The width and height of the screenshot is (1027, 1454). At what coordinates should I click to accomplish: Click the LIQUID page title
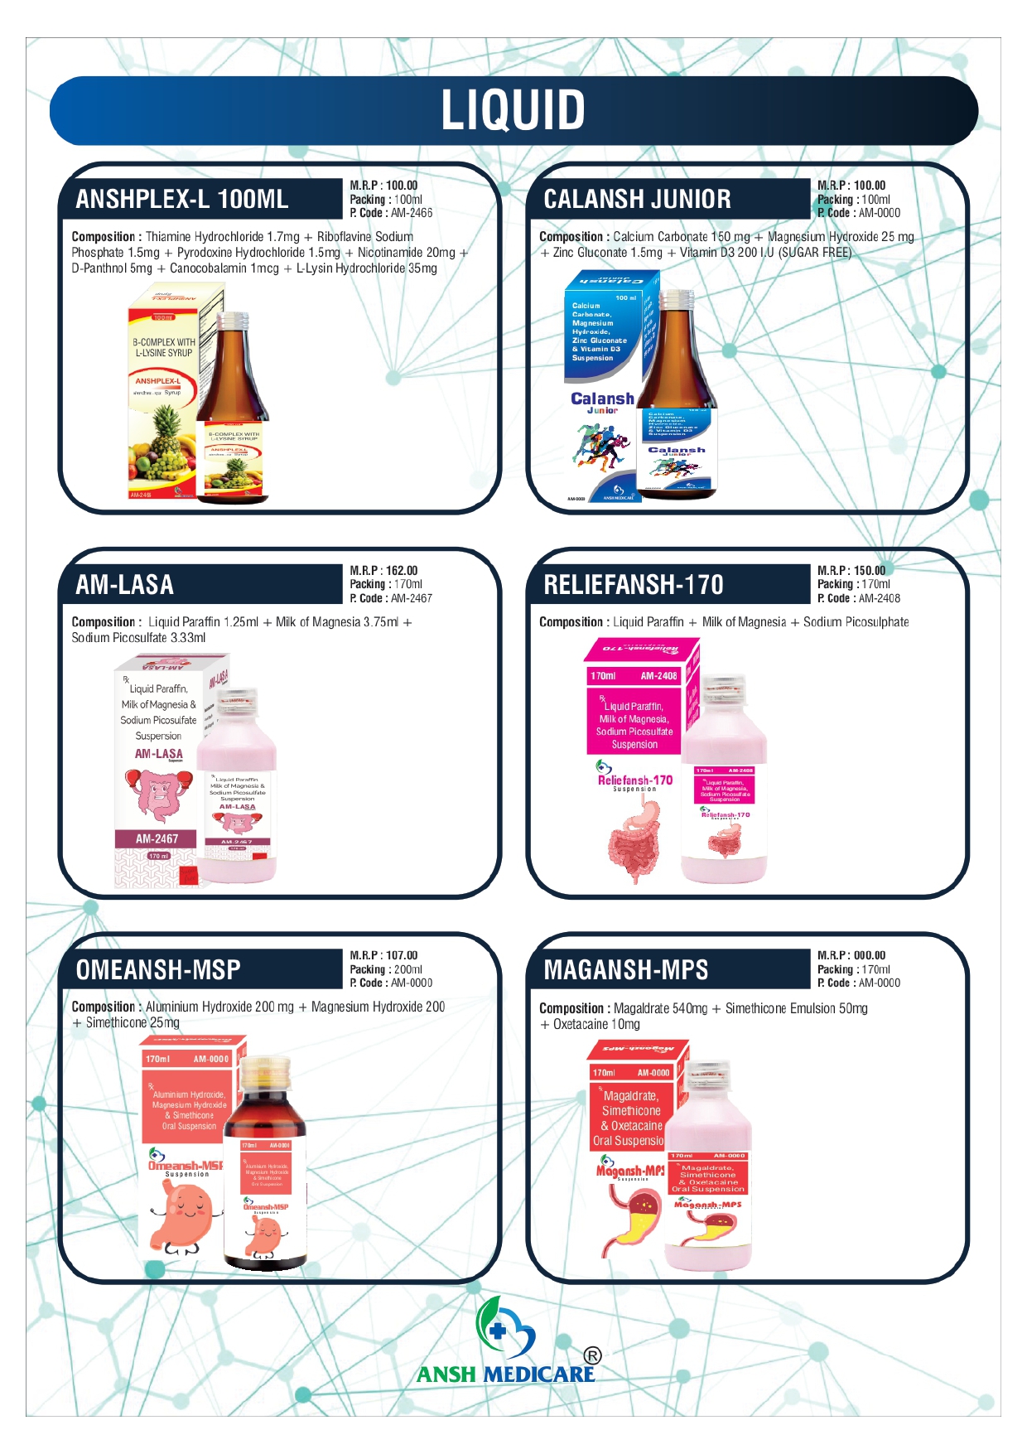[513, 110]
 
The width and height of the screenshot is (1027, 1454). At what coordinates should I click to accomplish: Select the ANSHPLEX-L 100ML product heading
[182, 200]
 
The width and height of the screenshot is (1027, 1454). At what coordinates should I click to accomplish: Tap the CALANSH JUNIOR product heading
[637, 200]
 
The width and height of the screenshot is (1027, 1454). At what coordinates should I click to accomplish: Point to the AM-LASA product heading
[125, 585]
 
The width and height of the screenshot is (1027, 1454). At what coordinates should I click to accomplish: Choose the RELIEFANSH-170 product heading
[634, 585]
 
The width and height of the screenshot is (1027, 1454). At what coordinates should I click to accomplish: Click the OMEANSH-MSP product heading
[158, 970]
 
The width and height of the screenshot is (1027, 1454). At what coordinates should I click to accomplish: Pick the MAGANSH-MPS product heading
[626, 970]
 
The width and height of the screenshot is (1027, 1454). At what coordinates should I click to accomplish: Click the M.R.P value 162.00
[402, 571]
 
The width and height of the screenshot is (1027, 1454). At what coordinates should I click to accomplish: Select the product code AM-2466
[412, 213]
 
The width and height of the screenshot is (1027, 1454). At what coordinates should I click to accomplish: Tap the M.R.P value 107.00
[402, 955]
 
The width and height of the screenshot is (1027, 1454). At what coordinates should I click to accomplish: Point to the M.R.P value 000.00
[870, 955]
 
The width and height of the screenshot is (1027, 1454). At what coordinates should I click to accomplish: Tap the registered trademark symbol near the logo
[592, 1356]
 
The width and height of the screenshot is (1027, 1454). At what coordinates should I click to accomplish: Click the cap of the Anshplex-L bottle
[232, 320]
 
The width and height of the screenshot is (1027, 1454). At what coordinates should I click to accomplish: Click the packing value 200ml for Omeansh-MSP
[408, 969]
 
